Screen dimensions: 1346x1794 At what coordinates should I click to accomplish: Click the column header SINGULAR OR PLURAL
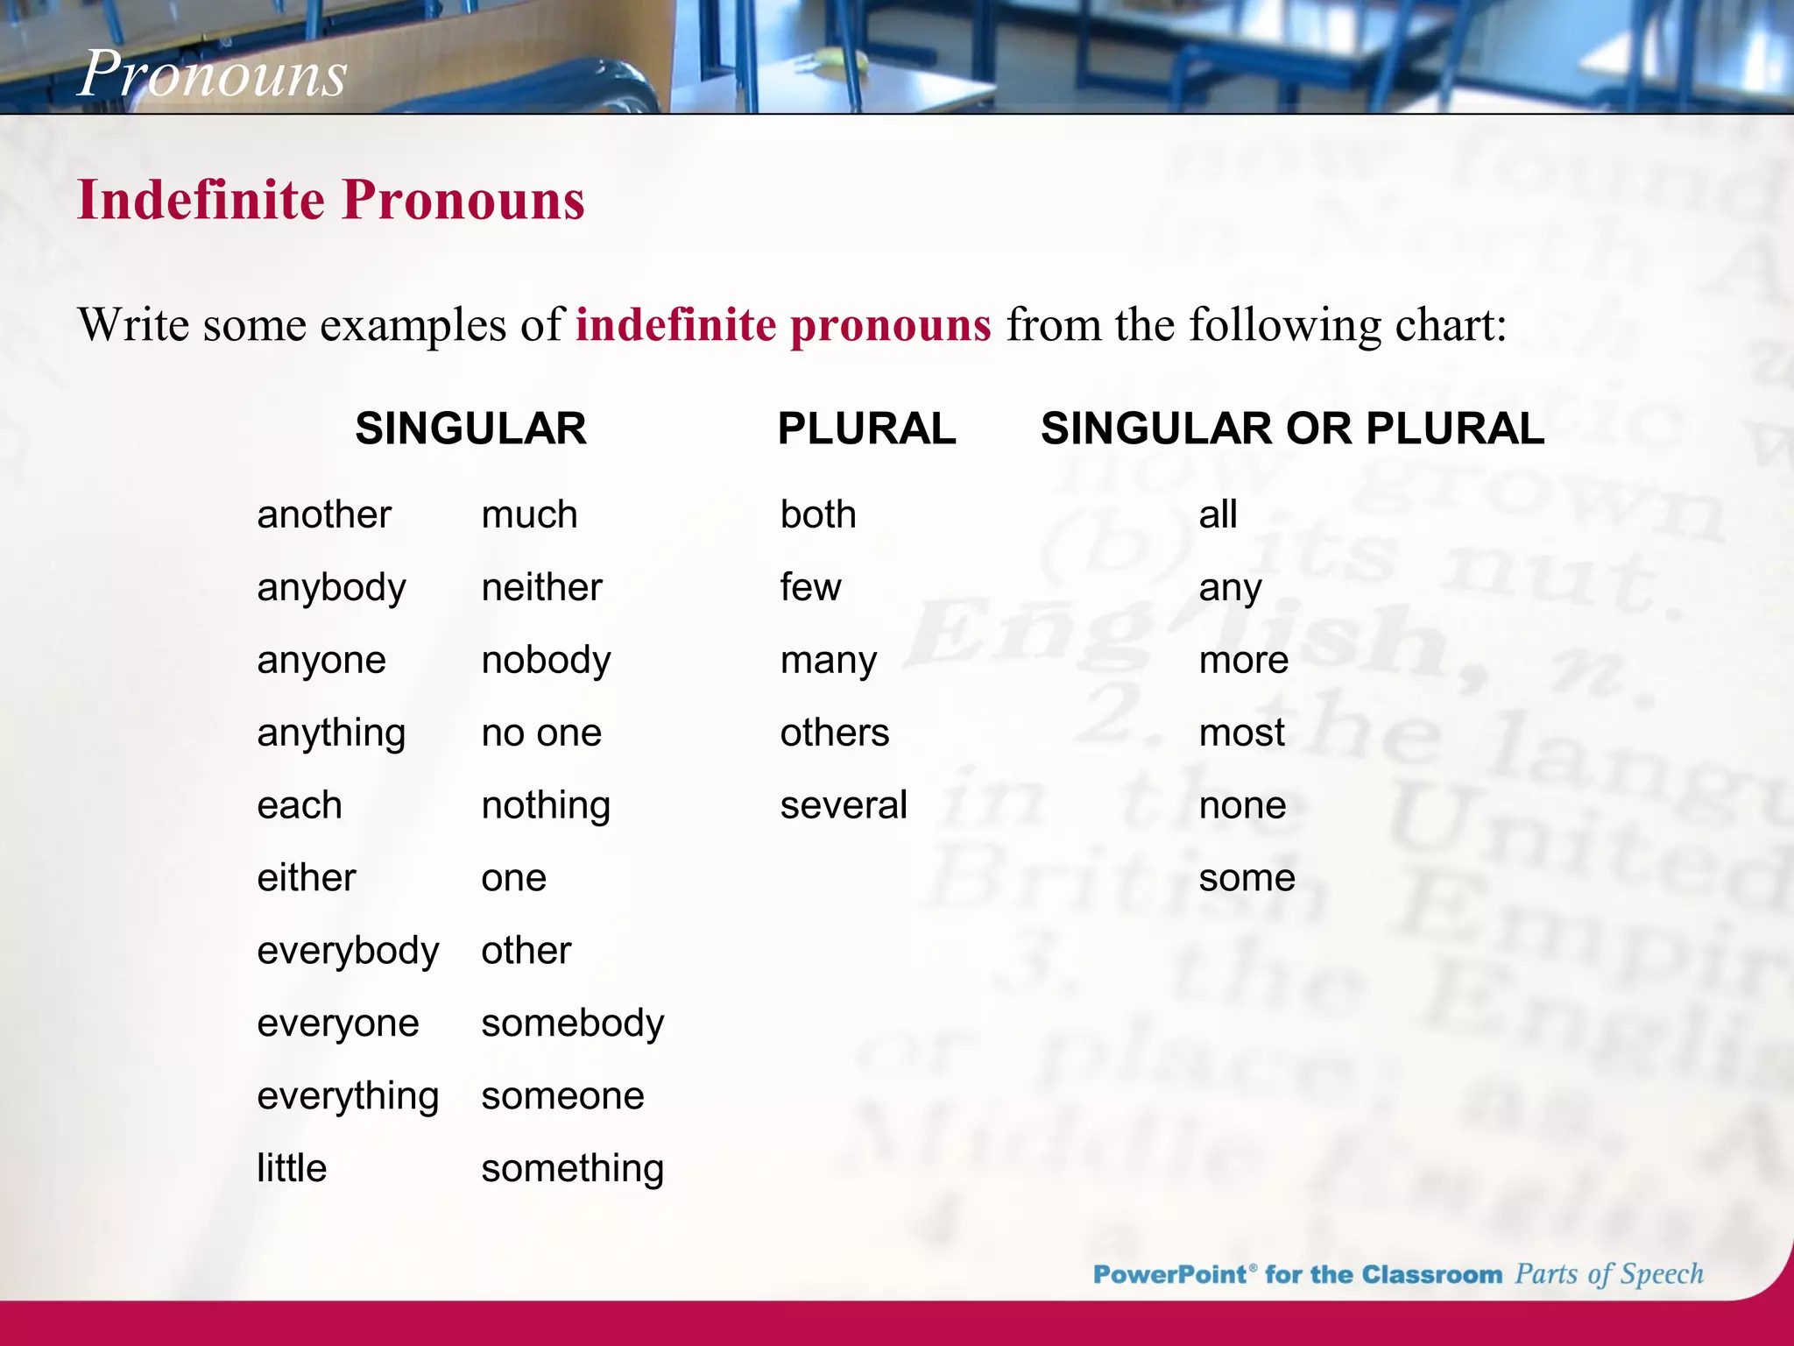click(1292, 429)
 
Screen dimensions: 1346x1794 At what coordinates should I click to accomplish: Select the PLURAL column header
click(866, 429)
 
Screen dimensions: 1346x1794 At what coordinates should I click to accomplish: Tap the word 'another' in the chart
click(324, 514)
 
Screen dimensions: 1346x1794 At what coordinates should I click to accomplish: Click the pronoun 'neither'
click(541, 587)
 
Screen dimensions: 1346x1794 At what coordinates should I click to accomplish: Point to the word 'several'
click(844, 805)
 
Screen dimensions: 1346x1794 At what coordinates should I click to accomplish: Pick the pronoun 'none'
click(1242, 805)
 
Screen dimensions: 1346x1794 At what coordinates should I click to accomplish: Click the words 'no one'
click(541, 733)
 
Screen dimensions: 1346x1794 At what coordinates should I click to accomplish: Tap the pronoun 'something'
click(573, 1169)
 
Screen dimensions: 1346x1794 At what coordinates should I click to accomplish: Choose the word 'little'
click(292, 1168)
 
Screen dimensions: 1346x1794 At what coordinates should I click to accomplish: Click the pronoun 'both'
click(818, 514)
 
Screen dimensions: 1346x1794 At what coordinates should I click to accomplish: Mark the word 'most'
click(1241, 733)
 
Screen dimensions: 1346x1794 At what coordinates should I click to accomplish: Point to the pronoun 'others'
click(834, 733)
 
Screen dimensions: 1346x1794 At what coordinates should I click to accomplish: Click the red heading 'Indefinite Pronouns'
click(331, 200)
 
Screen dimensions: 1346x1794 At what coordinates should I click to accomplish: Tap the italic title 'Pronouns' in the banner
click(213, 74)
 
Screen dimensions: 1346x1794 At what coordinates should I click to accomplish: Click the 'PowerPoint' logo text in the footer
click(1169, 1274)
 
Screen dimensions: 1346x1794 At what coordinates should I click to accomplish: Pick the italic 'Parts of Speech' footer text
click(1609, 1274)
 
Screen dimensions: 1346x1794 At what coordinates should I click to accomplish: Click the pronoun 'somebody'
click(573, 1024)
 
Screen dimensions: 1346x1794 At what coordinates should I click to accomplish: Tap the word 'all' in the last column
click(1218, 514)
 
